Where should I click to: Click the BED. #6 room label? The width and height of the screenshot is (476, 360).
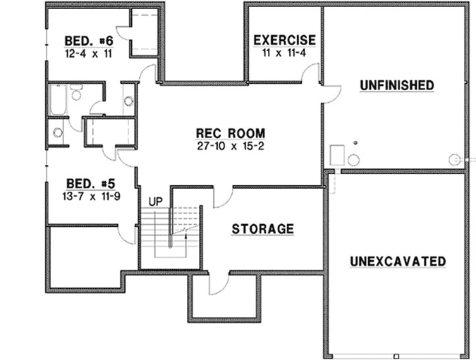89,40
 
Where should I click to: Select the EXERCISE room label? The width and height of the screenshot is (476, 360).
284,40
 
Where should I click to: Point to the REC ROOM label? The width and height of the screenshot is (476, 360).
230,133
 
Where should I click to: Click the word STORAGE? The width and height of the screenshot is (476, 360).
262,229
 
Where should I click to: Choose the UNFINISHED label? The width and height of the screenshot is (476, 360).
396,85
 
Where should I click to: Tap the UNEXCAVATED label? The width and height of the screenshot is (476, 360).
398,261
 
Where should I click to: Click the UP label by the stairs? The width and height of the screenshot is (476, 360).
156,201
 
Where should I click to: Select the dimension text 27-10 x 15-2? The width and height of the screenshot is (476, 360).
230,146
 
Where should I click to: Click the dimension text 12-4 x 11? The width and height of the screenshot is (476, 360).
89,53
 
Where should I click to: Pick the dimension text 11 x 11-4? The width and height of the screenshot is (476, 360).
284,53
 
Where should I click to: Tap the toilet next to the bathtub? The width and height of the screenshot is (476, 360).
75,91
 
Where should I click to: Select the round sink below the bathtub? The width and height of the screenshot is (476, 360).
58,132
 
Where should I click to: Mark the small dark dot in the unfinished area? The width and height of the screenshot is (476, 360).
355,143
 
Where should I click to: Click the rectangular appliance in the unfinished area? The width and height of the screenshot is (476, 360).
336,154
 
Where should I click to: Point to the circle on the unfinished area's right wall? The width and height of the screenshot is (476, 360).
453,159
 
